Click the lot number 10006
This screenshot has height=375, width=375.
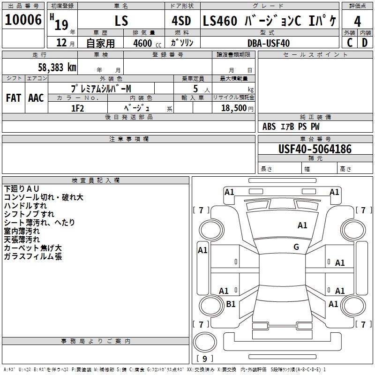coord(23,20)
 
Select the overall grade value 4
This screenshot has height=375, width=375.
coord(357,22)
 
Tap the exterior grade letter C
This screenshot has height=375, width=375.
coord(350,43)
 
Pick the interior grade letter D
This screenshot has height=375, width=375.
coord(365,43)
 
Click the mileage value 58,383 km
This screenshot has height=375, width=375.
coord(57,67)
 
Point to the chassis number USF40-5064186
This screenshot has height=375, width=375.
coord(315,149)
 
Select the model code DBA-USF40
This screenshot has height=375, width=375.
coord(269,43)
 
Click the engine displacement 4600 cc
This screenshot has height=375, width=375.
coord(147,43)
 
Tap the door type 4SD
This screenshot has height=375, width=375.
coord(181,21)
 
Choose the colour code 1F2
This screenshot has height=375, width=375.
coord(77,108)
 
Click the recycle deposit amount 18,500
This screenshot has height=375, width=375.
coord(234,108)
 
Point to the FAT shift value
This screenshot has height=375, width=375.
coord(14,98)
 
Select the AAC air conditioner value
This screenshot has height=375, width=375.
coord(36,98)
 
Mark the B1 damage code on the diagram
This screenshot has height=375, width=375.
coord(231,304)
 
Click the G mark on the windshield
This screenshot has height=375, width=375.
coord(296,247)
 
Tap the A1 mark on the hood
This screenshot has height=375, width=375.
coord(302,225)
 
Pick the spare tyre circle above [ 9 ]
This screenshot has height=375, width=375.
coord(205,342)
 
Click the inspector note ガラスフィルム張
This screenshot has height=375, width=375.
coord(33,256)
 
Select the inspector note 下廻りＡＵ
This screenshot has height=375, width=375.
coord(22,189)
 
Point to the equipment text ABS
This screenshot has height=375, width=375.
coord(269,127)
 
